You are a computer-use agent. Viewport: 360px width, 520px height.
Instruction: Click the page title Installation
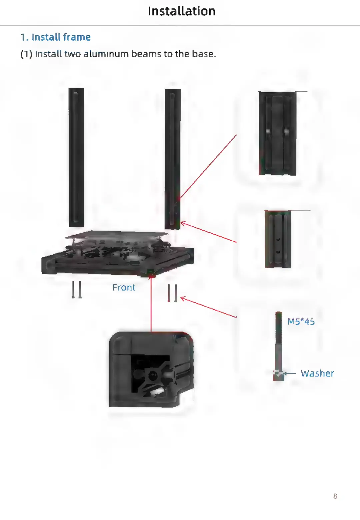point(182,11)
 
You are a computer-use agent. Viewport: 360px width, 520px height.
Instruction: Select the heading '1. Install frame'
point(55,37)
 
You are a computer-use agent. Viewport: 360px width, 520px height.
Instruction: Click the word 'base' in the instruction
point(203,54)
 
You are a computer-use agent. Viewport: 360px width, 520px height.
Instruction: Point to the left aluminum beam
point(76,157)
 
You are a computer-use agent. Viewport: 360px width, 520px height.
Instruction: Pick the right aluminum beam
point(173,158)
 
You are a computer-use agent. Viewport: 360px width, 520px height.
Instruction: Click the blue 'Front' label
point(124,287)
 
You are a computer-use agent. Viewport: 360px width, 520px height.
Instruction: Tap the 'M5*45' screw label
point(301,322)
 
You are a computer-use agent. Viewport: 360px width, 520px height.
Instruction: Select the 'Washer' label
point(317,373)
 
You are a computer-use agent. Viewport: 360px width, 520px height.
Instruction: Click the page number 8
point(335,496)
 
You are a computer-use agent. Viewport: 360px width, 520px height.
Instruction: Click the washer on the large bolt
point(278,372)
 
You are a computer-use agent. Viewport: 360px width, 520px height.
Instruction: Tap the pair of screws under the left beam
point(77,289)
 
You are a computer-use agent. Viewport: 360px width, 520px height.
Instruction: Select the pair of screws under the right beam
point(172,293)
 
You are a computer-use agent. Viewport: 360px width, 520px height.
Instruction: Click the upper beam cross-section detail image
point(277,133)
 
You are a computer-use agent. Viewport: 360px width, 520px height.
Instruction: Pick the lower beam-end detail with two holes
point(278,239)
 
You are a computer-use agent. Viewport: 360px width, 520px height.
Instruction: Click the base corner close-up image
point(151,369)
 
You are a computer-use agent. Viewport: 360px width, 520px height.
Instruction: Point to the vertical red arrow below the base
point(151,303)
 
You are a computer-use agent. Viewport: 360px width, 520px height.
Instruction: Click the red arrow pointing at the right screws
point(208,307)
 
